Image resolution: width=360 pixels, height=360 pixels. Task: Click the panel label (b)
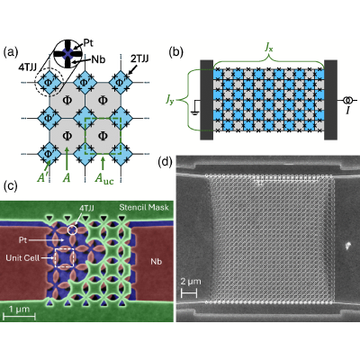coord(176,52)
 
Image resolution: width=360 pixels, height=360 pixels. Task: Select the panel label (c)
coord(10,186)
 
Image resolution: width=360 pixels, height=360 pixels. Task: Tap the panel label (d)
coord(166,162)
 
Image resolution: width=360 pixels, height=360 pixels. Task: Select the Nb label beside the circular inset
coord(99,59)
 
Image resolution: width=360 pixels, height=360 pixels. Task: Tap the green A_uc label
coord(104,178)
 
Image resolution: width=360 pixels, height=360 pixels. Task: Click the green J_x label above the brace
coord(268,49)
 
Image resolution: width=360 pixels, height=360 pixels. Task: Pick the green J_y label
coord(170,100)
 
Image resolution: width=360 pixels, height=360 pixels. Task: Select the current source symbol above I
coord(348,100)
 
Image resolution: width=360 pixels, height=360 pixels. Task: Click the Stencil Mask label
coord(144,207)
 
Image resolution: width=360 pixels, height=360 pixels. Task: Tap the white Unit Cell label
coord(22,258)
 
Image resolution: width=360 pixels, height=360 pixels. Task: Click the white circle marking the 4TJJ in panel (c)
coord(72,230)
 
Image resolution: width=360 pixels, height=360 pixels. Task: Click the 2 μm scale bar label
coord(191,282)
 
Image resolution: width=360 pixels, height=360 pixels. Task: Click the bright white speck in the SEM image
coord(347,247)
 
